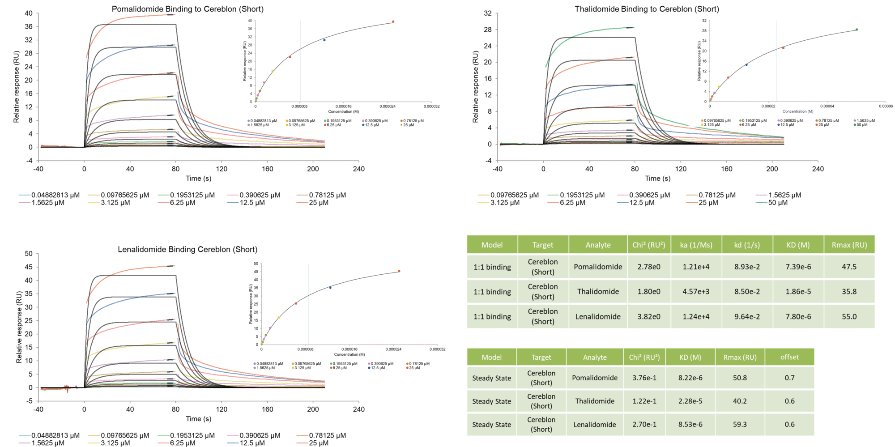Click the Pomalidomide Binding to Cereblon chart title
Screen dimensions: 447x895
tap(188, 9)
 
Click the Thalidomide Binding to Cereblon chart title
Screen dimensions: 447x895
tap(647, 9)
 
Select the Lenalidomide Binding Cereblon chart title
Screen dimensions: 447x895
tap(188, 249)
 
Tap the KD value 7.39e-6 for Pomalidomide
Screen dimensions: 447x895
tap(798, 267)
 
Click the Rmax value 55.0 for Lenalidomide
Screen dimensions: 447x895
tap(849, 316)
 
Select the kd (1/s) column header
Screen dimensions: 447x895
tap(747, 245)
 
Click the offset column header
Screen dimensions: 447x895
tap(789, 357)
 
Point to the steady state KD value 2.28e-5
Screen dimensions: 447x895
tap(690, 401)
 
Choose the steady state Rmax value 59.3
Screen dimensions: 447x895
tap(740, 424)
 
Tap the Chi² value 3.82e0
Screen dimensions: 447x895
tap(648, 316)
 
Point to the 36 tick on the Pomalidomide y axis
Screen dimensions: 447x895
tap(29, 27)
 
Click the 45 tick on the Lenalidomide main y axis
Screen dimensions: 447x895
tap(29, 267)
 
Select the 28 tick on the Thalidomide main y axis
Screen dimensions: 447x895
tap(488, 30)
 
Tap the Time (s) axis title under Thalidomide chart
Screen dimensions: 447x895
tap(657, 179)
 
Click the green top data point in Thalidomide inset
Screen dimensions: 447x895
tap(857, 30)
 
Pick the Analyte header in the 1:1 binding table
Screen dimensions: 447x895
tap(598, 245)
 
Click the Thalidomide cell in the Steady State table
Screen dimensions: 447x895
tap(594, 401)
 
